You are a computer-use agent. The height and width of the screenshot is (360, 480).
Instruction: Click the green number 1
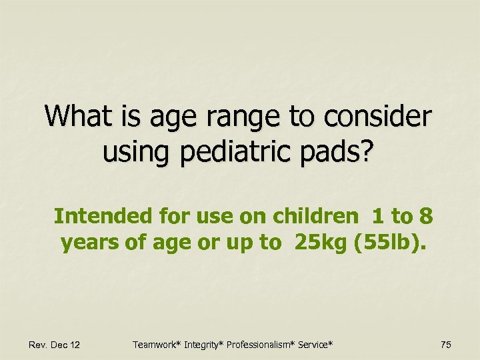click(378, 216)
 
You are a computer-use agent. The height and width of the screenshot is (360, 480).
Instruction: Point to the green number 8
click(426, 216)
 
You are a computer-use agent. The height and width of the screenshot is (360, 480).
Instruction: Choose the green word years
click(88, 243)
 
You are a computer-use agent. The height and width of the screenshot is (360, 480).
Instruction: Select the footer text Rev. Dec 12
click(55, 344)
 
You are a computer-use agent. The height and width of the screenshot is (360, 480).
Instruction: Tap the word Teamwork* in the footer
click(155, 344)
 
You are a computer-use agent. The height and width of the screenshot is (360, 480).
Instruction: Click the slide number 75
click(446, 344)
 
